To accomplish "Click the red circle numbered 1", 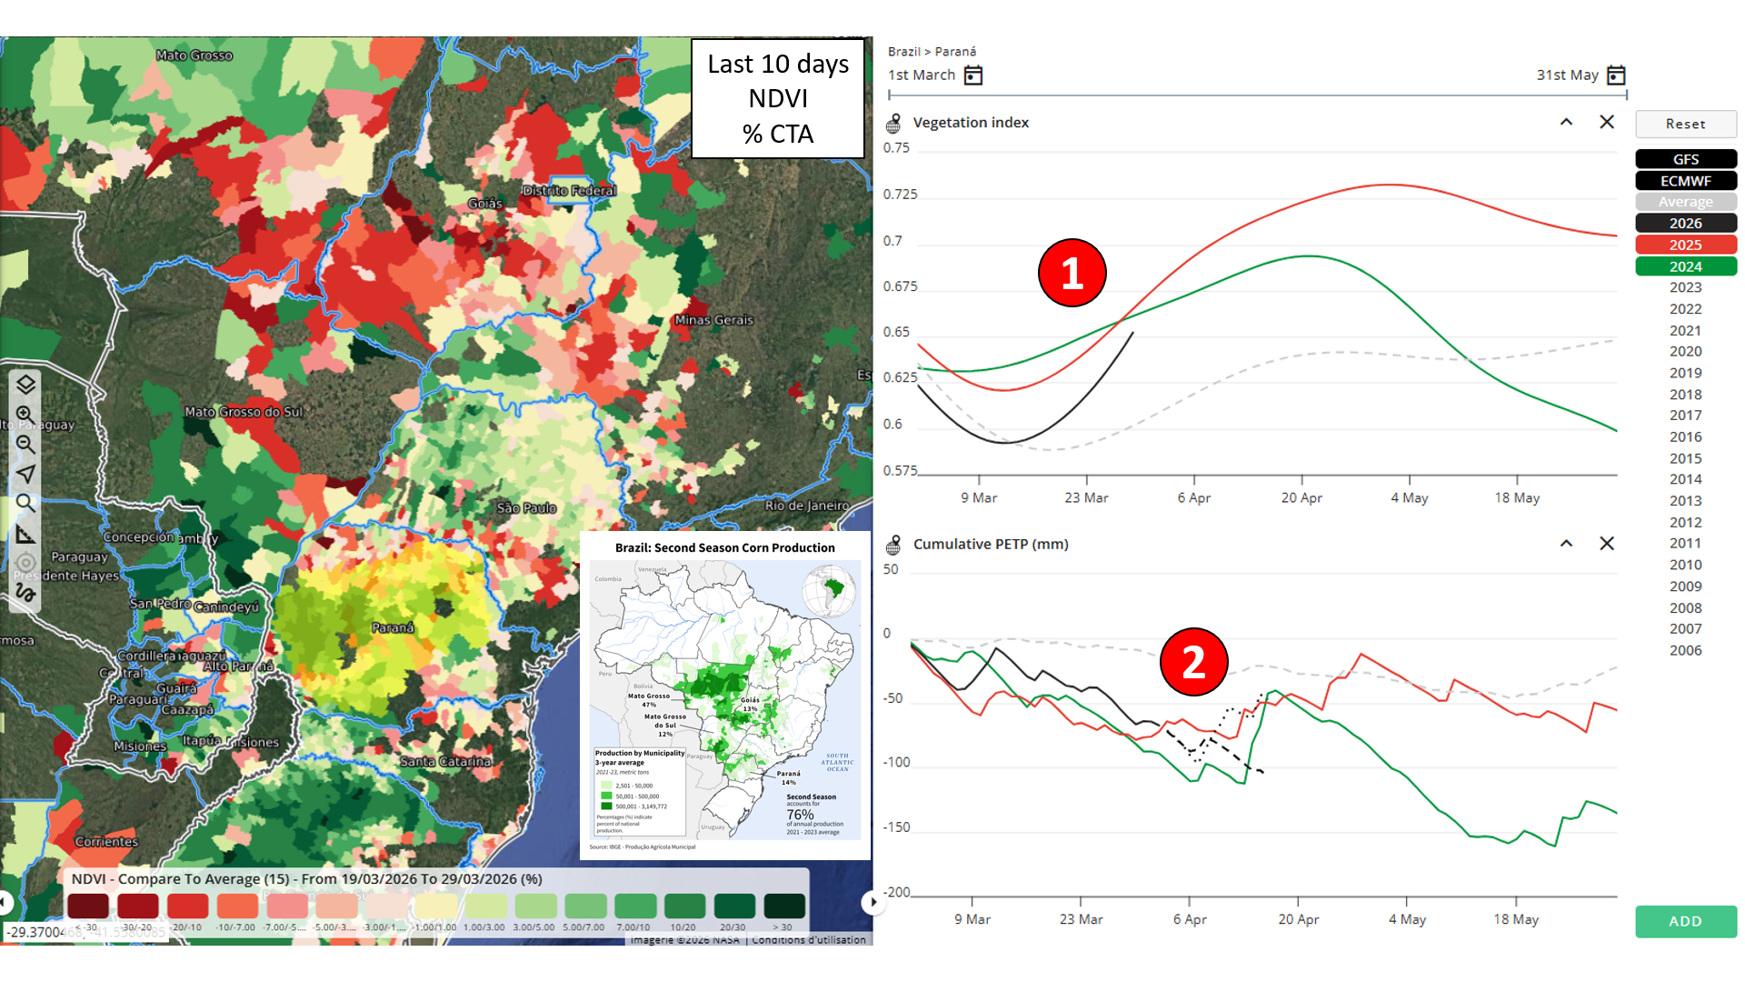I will [1072, 273].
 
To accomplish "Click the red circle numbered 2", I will [1193, 662].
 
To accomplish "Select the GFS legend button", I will [1685, 159].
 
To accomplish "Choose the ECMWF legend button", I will [1685, 181].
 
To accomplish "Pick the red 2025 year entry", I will [1685, 245].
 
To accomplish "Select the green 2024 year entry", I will [1685, 266].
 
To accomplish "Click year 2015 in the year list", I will [1685, 458].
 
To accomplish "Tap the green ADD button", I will [1685, 921].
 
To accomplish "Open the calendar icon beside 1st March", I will [973, 75].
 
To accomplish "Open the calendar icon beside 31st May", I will [1616, 75].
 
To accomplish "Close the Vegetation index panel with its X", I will [1607, 122].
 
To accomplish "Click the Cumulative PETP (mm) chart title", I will [991, 544].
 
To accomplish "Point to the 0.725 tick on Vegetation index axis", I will [900, 195].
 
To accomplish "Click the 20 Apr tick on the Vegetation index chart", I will [1301, 497].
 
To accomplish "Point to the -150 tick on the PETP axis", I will [897, 827].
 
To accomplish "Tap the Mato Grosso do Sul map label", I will [244, 412].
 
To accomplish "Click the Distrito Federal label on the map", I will [569, 191].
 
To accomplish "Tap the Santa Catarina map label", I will [445, 761].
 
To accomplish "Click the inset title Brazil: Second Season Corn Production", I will [724, 547].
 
